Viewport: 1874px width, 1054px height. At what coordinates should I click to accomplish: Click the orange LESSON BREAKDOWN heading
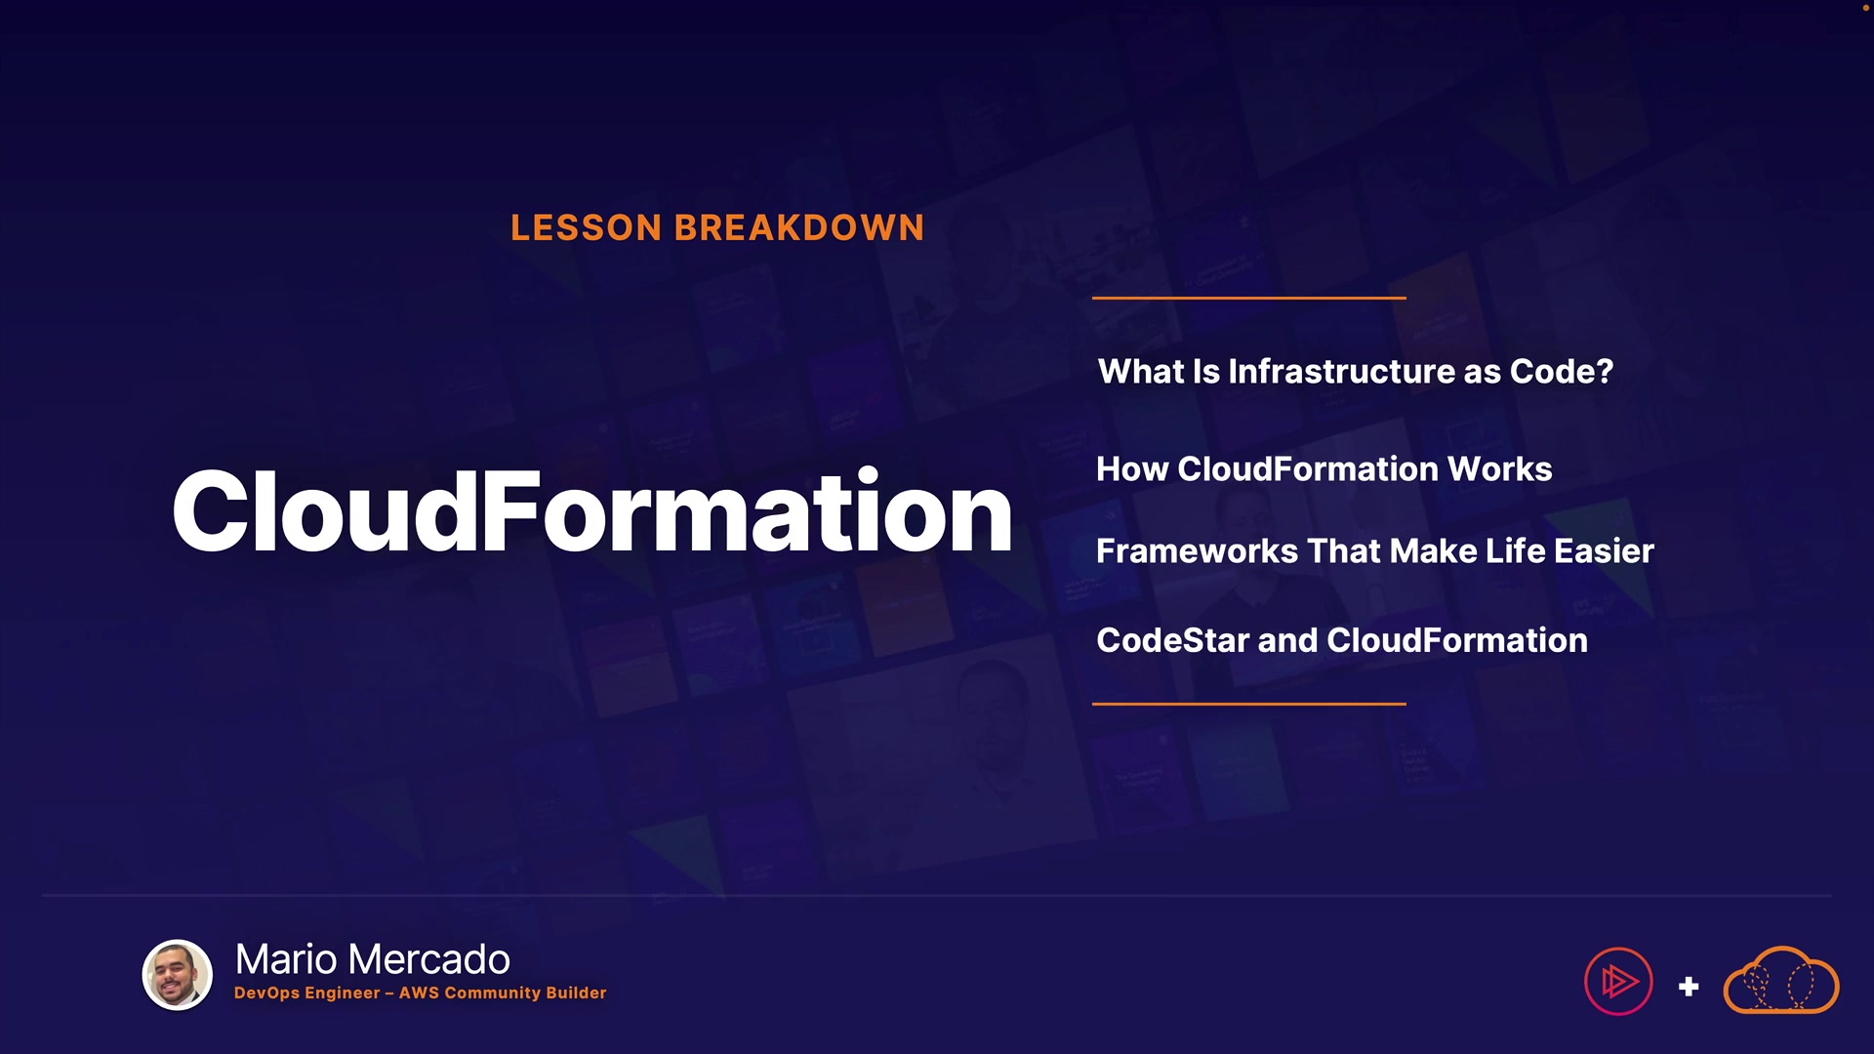717,227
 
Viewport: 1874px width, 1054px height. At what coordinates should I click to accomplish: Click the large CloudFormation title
592,511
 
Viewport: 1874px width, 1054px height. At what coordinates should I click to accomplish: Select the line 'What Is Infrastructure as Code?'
1356,371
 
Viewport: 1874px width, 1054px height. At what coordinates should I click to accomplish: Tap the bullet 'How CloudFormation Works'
1324,468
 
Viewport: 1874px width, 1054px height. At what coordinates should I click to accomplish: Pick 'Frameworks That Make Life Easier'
1375,550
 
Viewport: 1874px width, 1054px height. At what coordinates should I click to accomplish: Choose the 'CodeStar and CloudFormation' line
1342,640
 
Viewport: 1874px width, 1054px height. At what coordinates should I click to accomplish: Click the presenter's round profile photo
178,975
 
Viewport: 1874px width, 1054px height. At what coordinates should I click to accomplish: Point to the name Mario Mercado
373,959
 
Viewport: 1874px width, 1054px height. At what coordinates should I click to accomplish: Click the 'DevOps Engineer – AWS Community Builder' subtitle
421,993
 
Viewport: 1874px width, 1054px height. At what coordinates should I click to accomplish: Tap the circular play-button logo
1618,981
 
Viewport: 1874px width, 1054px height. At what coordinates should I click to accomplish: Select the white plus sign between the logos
1689,987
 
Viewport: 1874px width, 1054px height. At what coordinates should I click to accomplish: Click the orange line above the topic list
1249,298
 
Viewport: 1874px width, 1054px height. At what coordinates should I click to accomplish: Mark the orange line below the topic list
1249,704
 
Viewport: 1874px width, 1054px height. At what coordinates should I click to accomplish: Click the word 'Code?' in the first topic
1562,371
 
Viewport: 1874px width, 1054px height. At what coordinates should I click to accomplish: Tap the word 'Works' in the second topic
1500,468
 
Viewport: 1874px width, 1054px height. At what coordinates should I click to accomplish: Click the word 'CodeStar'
1173,640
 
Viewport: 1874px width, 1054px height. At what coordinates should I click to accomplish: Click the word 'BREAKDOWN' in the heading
799,227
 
